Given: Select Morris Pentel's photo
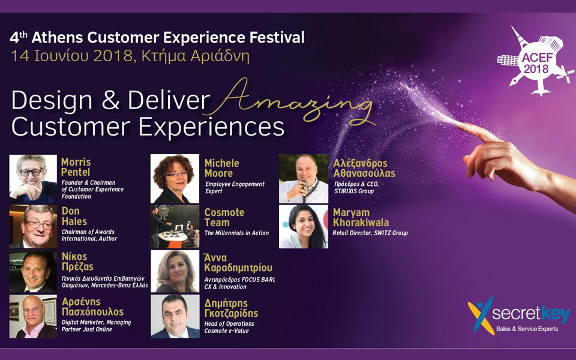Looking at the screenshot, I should point(33,178).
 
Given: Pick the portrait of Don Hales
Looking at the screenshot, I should point(33,226).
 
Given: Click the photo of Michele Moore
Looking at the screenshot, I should point(175,178).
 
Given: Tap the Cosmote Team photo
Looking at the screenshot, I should point(175,226).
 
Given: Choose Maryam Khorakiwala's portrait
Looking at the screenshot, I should point(303,226).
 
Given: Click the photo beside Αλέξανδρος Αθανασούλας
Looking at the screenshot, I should point(303,178).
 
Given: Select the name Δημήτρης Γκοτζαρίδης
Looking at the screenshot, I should point(231,308).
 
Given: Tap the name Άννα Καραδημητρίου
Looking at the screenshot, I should point(238,262).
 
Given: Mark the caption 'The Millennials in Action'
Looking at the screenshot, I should point(236,233).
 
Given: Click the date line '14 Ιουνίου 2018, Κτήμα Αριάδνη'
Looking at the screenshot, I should point(130,57).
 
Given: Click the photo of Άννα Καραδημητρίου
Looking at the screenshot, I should point(175,271).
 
